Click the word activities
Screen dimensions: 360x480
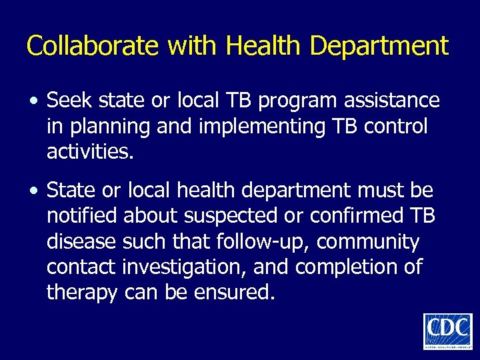pyautogui.click(x=90, y=152)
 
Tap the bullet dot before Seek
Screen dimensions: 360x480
pyautogui.click(x=33, y=102)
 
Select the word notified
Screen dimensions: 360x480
pyautogui.click(x=81, y=216)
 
